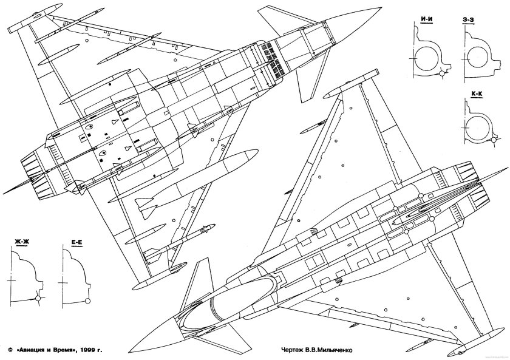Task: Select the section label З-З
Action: tap(469, 20)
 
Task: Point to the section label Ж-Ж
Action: tap(22, 243)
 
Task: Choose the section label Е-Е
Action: tap(76, 243)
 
